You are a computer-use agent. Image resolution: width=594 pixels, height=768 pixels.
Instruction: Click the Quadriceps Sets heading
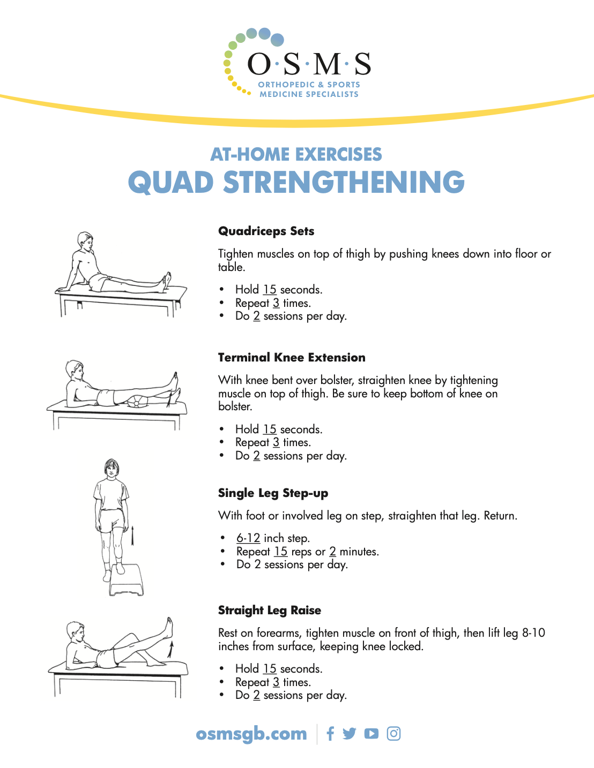(x=266, y=231)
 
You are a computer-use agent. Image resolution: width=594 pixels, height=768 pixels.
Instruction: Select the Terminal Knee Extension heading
(x=292, y=358)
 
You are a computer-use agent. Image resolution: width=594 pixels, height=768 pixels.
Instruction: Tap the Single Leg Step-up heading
(x=273, y=493)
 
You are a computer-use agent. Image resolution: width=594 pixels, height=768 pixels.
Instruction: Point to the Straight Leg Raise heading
(x=269, y=611)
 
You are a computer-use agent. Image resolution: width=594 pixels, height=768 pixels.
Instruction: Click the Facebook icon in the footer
(x=330, y=734)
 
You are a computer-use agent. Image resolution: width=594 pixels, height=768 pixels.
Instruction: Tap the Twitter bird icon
(x=350, y=734)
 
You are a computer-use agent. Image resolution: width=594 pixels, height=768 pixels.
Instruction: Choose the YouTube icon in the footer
(x=371, y=734)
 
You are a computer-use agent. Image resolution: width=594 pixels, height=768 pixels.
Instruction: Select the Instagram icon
(x=393, y=734)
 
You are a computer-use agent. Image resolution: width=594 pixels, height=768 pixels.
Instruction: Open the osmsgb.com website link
(x=251, y=734)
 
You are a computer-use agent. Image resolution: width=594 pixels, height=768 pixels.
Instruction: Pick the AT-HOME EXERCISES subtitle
(x=296, y=154)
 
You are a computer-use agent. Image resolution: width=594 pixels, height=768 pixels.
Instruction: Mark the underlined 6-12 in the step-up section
(x=248, y=538)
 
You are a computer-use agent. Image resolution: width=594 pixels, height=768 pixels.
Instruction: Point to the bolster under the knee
(x=138, y=401)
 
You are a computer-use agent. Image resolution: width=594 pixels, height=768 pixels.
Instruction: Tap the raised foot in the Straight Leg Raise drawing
(x=169, y=627)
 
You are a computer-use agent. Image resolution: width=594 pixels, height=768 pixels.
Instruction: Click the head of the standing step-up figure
(x=111, y=469)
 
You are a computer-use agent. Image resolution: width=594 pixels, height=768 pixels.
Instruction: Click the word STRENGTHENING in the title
(x=344, y=183)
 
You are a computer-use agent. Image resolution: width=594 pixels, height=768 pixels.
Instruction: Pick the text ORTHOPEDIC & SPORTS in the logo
(x=309, y=85)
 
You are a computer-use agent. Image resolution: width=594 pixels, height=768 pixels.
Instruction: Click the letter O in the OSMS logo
(x=259, y=64)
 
